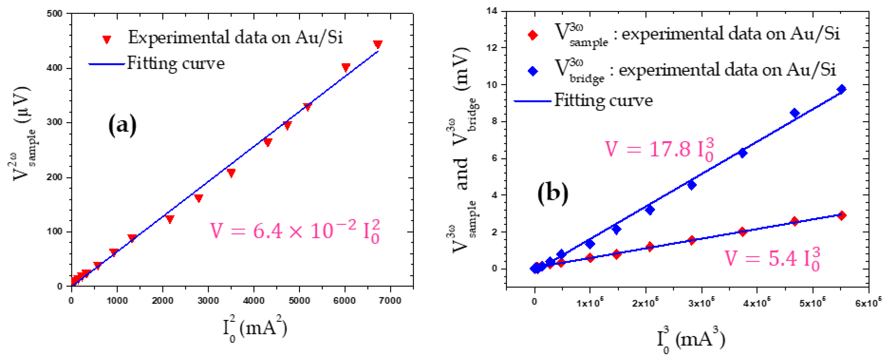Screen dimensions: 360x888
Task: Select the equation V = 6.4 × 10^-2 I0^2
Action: coord(295,231)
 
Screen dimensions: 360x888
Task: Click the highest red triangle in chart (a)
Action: coord(378,44)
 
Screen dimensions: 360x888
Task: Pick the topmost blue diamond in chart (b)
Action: coord(841,89)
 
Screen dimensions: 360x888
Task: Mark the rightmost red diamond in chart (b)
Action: coord(841,215)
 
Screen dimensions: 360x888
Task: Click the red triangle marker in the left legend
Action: coord(107,39)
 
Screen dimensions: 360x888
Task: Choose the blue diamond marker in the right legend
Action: coord(533,71)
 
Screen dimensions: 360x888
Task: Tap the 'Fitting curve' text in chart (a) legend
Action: coord(176,64)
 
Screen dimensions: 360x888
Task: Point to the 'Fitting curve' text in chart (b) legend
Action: coord(603,101)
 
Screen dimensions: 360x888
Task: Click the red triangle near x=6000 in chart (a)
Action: coord(346,67)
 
